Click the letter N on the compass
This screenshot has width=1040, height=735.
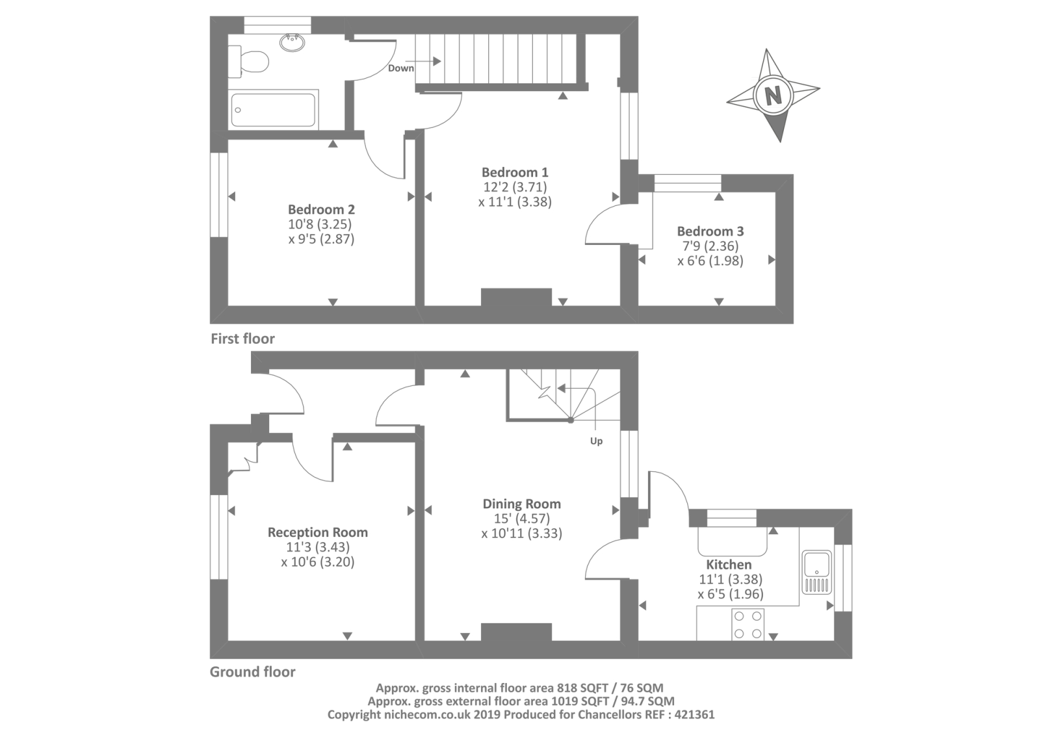click(x=773, y=96)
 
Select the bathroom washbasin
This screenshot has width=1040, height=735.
click(x=292, y=42)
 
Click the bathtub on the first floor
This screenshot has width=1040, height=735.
click(x=274, y=109)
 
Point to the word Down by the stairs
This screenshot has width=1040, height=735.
click(x=400, y=68)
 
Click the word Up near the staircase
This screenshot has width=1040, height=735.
click(x=596, y=441)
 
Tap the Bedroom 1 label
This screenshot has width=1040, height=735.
click(x=515, y=172)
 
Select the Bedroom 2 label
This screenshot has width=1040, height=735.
click(x=321, y=209)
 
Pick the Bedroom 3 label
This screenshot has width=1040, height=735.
click(x=710, y=231)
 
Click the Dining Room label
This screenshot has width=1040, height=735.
click(x=522, y=504)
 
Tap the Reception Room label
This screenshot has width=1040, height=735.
click(x=318, y=532)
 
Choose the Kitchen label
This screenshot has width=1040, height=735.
click(x=729, y=565)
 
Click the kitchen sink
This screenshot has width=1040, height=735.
click(x=817, y=573)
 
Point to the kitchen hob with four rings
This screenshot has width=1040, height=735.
click(x=747, y=625)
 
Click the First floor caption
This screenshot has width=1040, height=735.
click(x=243, y=339)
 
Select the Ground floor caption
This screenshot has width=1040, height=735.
click(x=253, y=672)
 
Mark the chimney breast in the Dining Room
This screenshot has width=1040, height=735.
click(x=516, y=632)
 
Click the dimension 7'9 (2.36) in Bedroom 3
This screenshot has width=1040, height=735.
click(x=710, y=246)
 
